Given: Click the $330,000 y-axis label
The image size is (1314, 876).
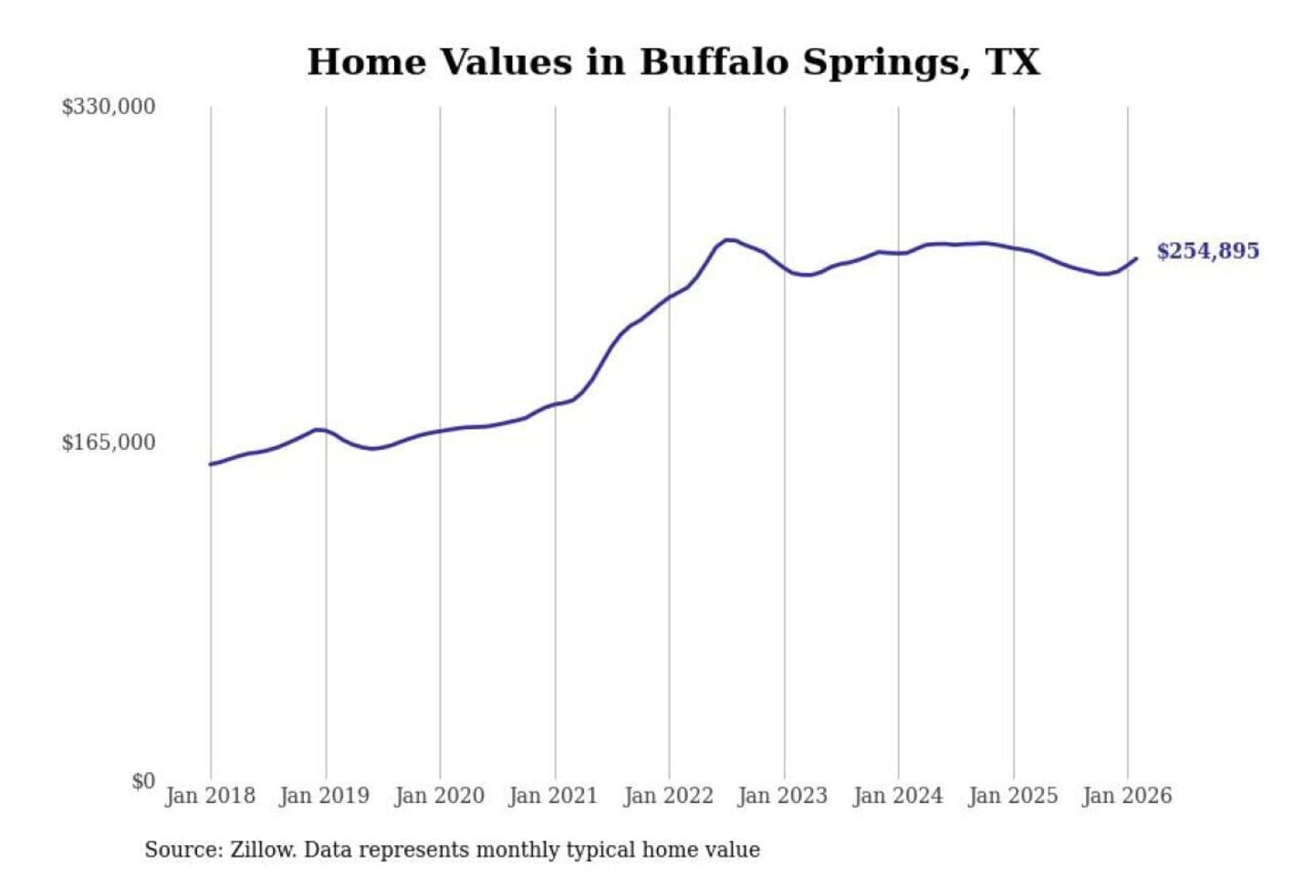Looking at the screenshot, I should click(x=108, y=107).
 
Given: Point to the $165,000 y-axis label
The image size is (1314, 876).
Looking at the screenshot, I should click(x=108, y=443).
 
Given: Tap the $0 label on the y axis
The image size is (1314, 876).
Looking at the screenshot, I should click(x=143, y=781).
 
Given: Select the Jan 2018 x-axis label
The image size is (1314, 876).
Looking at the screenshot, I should click(x=210, y=796).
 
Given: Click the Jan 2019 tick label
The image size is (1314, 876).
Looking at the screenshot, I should click(x=325, y=796).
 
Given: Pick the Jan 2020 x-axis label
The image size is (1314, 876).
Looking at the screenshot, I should click(x=439, y=796).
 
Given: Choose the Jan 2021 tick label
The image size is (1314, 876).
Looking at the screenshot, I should click(x=553, y=796).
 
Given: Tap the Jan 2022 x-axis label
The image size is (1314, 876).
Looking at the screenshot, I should click(x=668, y=796).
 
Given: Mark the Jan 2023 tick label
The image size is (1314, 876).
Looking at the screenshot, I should click(x=782, y=796).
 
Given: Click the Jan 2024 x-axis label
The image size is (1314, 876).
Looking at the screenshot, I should click(x=897, y=796).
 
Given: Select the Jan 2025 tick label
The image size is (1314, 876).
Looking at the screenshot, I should click(x=1012, y=796).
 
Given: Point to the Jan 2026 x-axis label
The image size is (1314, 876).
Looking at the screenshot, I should click(x=1126, y=796).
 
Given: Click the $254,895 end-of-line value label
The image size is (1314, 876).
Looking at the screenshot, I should click(x=1207, y=251).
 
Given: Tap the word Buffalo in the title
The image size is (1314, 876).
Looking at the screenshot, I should click(x=714, y=62).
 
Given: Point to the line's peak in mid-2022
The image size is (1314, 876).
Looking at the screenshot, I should click(x=728, y=240).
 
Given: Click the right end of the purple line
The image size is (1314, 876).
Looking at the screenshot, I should click(x=1136, y=259).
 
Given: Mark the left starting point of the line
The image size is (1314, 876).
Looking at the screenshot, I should click(x=211, y=464).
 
